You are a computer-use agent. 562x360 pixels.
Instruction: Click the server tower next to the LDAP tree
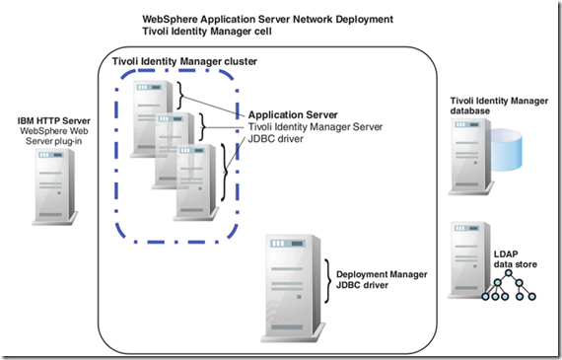point(467,261)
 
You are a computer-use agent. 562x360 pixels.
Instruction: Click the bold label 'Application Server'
point(293,114)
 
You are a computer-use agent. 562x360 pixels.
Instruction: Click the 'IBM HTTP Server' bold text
point(58,120)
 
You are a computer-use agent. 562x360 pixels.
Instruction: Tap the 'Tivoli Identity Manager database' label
point(492,106)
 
